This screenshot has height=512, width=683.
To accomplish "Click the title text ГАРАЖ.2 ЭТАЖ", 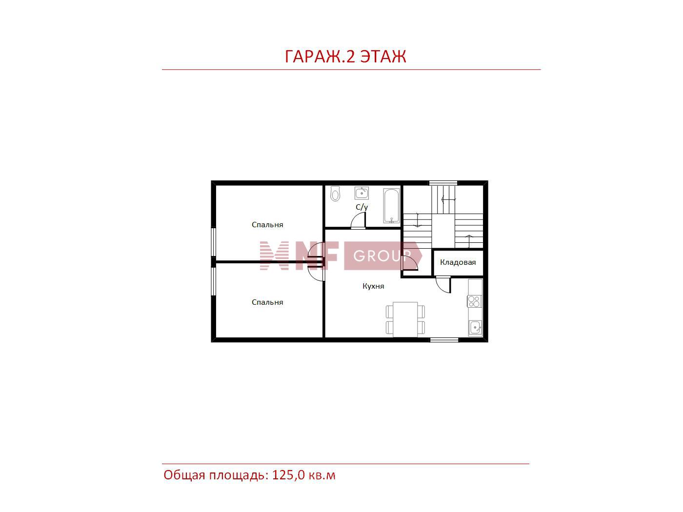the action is pyautogui.click(x=345, y=57).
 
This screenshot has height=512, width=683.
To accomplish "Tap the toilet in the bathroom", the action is pyautogui.click(x=335, y=194).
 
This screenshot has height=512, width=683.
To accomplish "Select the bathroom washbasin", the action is pyautogui.click(x=362, y=193).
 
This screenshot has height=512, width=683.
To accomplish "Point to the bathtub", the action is pyautogui.click(x=391, y=205).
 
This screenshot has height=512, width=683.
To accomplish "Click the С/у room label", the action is pyautogui.click(x=362, y=207).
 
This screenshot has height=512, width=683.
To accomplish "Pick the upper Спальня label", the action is pyautogui.click(x=267, y=225).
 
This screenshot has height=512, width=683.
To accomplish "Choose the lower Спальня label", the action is pyautogui.click(x=267, y=302).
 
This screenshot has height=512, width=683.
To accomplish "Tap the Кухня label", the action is pyautogui.click(x=373, y=286).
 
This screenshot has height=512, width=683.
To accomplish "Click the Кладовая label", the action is pyautogui.click(x=458, y=262).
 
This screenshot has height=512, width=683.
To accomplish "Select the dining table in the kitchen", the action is pyautogui.click(x=405, y=319).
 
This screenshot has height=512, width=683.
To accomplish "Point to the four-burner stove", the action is pyautogui.click(x=475, y=301).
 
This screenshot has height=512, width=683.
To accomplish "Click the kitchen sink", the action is pyautogui.click(x=475, y=328).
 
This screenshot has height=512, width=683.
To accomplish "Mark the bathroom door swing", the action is pyautogui.click(x=358, y=221).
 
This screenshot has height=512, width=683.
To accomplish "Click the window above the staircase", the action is pyautogui.click(x=443, y=183).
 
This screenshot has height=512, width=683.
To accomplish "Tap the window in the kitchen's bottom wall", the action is pyautogui.click(x=444, y=340).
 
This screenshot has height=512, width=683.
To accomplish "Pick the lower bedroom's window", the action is pyautogui.click(x=214, y=281).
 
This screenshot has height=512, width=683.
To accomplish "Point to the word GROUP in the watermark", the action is pyautogui.click(x=382, y=256).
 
